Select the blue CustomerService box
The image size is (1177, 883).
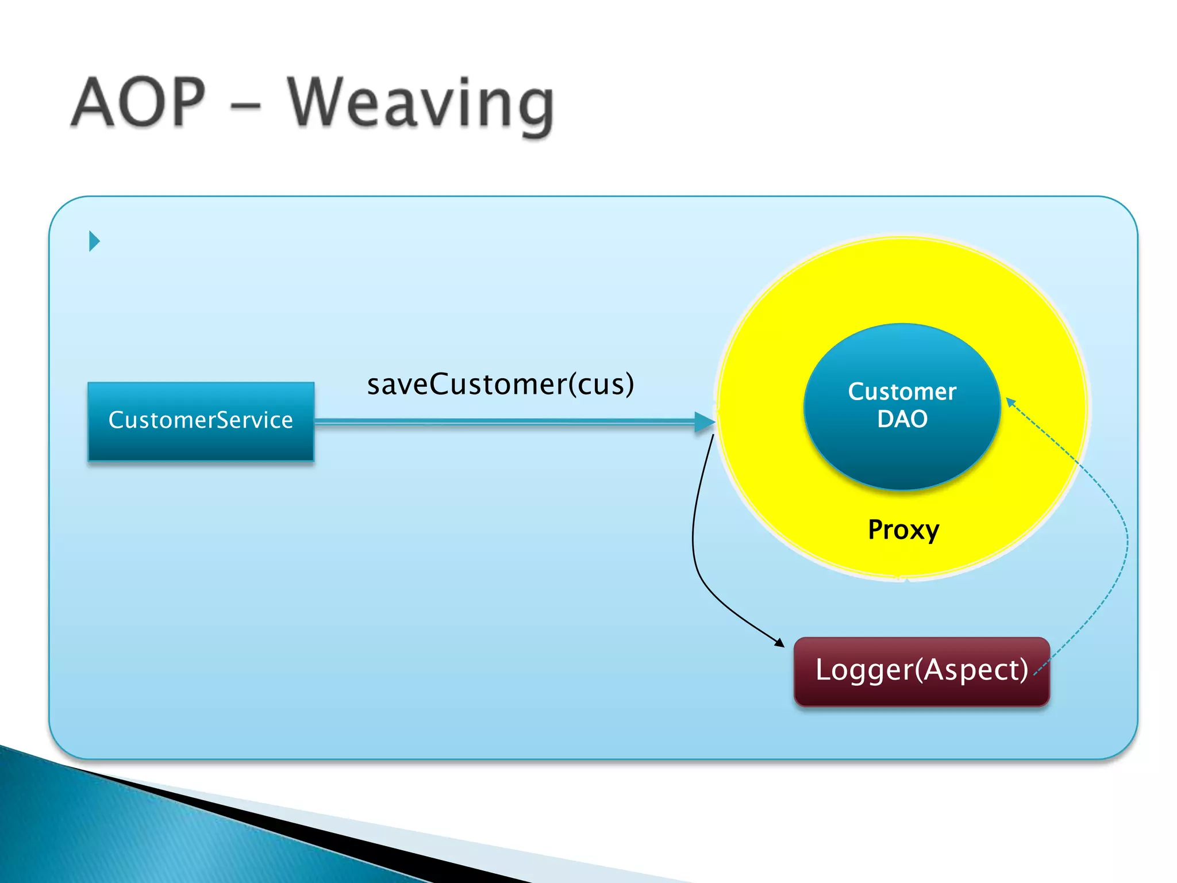point(201,421)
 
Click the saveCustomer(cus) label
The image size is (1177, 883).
point(500,384)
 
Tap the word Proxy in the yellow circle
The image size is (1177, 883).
point(903,529)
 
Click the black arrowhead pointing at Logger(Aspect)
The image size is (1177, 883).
point(780,643)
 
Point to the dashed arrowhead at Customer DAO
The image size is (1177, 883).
point(1010,402)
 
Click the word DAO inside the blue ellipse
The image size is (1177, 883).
point(902,419)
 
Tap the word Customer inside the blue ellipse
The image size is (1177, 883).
point(902,391)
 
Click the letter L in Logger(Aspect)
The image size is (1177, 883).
point(823,670)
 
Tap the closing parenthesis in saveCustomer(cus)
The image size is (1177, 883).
point(629,384)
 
